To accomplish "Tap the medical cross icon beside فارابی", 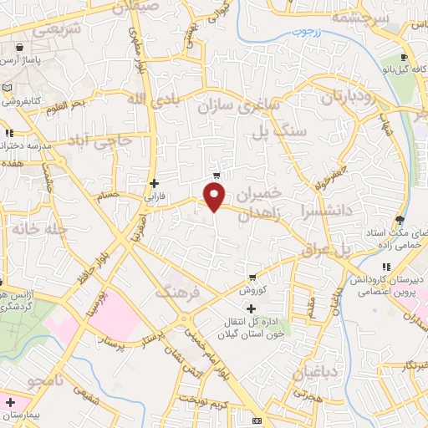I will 153,183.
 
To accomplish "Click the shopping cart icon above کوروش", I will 252,278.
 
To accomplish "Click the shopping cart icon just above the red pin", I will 217,176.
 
